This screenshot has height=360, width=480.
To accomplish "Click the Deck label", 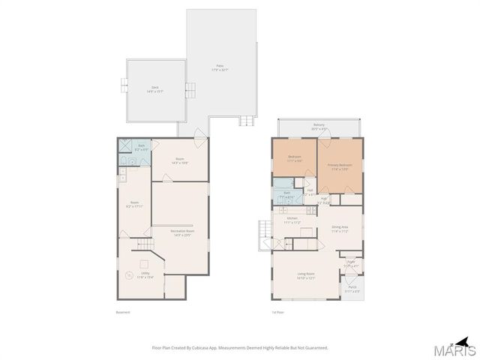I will (154, 90).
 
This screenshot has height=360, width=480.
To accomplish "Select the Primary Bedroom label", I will (339, 166).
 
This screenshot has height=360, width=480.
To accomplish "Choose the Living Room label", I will (304, 276).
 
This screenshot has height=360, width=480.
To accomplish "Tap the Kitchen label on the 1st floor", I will (292, 220).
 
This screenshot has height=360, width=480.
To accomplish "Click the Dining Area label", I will (340, 229).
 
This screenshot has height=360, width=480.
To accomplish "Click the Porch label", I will (352, 289).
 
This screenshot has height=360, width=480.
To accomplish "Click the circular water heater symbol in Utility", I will (127, 277).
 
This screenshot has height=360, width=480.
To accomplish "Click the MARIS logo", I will (456, 348).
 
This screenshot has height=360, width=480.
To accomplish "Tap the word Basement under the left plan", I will (123, 312).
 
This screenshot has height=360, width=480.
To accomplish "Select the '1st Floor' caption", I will (278, 312).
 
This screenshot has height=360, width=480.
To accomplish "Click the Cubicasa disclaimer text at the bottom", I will (240, 348).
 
